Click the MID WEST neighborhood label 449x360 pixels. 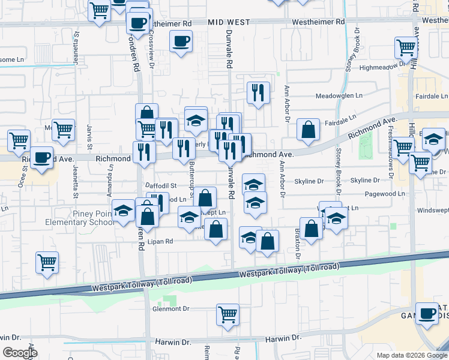click(x=229, y=22)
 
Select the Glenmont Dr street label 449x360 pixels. click(x=171, y=308)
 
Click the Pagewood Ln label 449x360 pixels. click(x=345, y=194)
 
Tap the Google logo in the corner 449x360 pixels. click(x=20, y=353)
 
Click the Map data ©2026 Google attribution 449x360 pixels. click(x=412, y=355)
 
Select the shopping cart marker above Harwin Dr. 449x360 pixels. click(x=228, y=314)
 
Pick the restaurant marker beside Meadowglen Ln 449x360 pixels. click(x=258, y=93)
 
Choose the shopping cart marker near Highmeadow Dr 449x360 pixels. click(x=406, y=47)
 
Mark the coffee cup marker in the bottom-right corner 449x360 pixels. click(x=428, y=314)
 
